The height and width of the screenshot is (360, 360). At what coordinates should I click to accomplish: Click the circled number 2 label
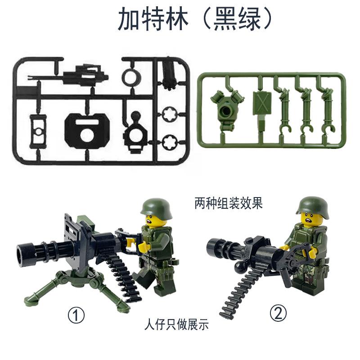(x=278, y=313)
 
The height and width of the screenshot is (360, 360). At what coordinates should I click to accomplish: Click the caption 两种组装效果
(x=229, y=203)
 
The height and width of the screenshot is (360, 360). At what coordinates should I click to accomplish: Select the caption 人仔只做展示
(x=176, y=324)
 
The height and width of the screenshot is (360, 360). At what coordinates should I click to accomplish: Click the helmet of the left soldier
(x=156, y=208)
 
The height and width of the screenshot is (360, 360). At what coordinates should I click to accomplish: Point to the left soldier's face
(x=153, y=221)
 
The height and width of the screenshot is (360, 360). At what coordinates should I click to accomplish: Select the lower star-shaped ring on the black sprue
(x=171, y=142)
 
